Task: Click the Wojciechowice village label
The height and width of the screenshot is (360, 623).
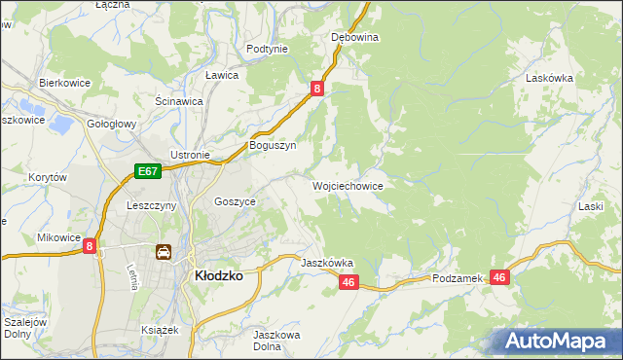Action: (x=348, y=186)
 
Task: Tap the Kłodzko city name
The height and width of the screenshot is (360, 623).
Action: (x=219, y=275)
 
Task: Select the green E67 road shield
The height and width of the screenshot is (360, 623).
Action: (x=147, y=172)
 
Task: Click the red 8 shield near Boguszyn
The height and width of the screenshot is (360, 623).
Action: (x=317, y=89)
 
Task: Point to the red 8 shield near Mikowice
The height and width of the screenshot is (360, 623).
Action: (x=90, y=247)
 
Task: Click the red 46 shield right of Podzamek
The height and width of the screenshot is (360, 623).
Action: (x=499, y=277)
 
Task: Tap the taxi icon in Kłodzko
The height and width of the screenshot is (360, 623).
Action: (x=164, y=253)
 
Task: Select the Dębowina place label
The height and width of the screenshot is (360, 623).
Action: (x=354, y=37)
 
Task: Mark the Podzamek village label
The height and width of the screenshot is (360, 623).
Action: (x=458, y=278)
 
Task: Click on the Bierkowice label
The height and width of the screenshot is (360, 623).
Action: (x=64, y=84)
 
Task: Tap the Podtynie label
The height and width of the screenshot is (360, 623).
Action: (x=267, y=49)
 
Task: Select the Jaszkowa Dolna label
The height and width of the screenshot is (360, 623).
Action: (x=275, y=341)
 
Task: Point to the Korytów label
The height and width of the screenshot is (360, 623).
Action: (x=47, y=178)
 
